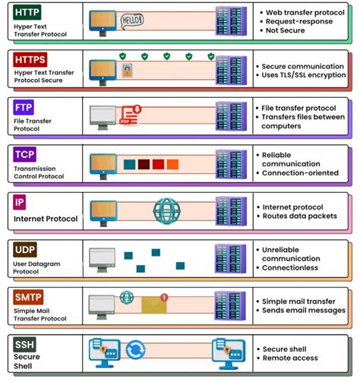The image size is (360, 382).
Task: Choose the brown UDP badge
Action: pyautogui.click(x=24, y=249)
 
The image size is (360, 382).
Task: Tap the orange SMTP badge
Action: pyautogui.click(x=27, y=296)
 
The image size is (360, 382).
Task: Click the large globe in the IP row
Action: pyautogui.click(x=166, y=211)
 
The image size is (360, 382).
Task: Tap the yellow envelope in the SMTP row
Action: pyautogui.click(x=154, y=305)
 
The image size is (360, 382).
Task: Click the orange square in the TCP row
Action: pyautogui.click(x=173, y=164)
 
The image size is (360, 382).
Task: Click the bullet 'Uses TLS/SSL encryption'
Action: pyautogui.click(x=303, y=76)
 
